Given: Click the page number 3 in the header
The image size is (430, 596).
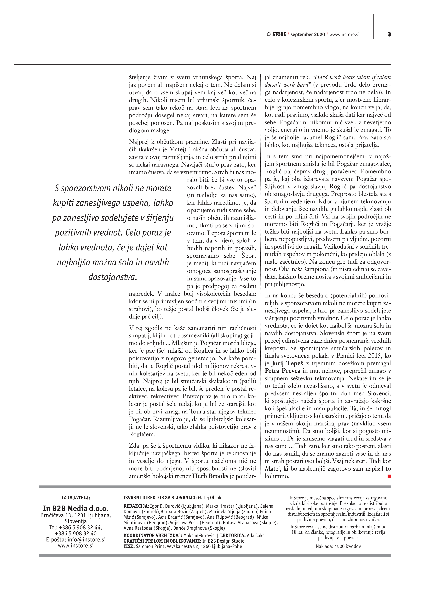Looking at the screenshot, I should [x=389, y=34].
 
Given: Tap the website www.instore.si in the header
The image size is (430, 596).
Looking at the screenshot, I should [x=344, y=34].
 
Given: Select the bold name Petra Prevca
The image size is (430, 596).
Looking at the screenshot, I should [x=282, y=371].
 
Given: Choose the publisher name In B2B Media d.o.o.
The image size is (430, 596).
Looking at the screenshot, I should [x=76, y=508].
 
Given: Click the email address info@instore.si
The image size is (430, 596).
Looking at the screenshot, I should [x=86, y=540].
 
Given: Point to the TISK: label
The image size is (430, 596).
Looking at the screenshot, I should [x=129, y=546].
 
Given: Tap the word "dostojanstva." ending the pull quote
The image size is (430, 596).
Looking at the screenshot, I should [x=113, y=277].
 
